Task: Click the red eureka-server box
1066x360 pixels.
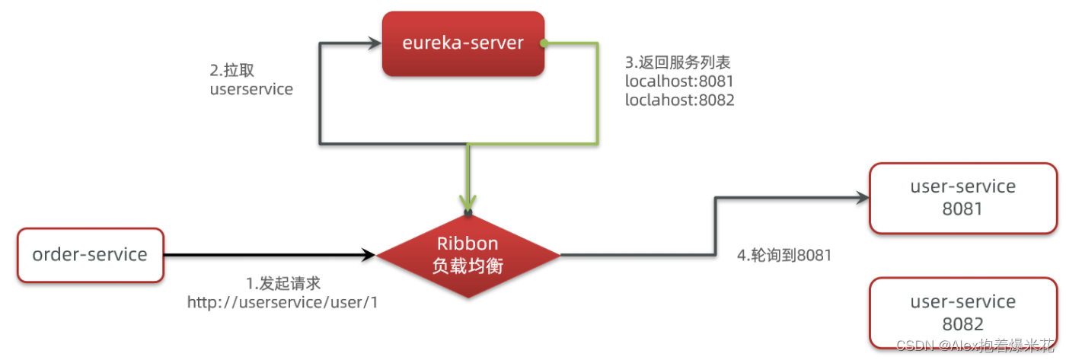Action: [x=463, y=43]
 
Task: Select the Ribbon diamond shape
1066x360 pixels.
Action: [x=468, y=255]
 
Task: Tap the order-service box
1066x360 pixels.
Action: [x=90, y=255]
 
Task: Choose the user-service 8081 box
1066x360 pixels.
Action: [x=962, y=197]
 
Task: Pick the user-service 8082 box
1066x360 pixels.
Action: [x=962, y=312]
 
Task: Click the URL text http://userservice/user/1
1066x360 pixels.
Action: [x=282, y=302]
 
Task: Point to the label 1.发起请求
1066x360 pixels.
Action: [x=283, y=283]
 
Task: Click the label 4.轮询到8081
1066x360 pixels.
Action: [x=784, y=255]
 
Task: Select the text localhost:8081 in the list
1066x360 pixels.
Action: [x=679, y=81]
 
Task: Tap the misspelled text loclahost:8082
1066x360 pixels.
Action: [x=679, y=100]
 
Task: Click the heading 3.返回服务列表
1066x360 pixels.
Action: [x=678, y=62]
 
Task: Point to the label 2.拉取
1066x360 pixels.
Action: [x=231, y=70]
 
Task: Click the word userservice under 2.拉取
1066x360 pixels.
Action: [x=251, y=89]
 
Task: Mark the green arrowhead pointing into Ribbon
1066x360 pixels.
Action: [x=468, y=202]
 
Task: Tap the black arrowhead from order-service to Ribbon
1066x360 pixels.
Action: [x=369, y=255]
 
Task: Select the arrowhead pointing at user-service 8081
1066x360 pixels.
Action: [x=862, y=198]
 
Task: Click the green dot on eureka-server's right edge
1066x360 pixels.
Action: [x=544, y=43]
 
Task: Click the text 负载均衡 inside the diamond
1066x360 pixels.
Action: [x=468, y=267]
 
